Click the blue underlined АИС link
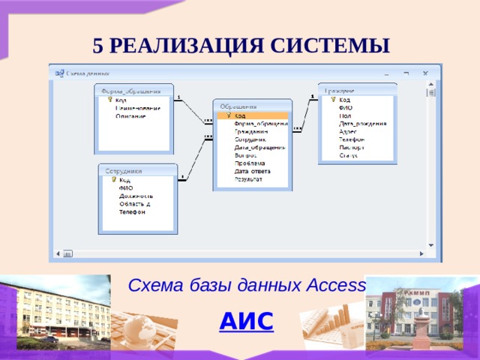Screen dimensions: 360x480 (x=246, y=321)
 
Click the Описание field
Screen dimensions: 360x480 (x=130, y=116)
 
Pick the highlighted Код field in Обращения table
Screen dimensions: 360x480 (x=240, y=115)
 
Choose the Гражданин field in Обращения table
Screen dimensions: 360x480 (x=251, y=131)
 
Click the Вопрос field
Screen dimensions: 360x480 (x=246, y=155)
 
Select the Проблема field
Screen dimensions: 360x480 (x=249, y=163)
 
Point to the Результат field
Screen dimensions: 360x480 (x=248, y=179)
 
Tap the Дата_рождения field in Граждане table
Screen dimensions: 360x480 (x=362, y=123)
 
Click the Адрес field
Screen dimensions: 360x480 (x=348, y=131)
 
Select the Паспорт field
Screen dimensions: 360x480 (x=351, y=147)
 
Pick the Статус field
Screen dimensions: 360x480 (x=348, y=155)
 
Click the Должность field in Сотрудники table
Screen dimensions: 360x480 (x=136, y=196)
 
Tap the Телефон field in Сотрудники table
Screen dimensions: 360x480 (x=132, y=211)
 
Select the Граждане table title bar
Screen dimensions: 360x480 (x=357, y=90)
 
